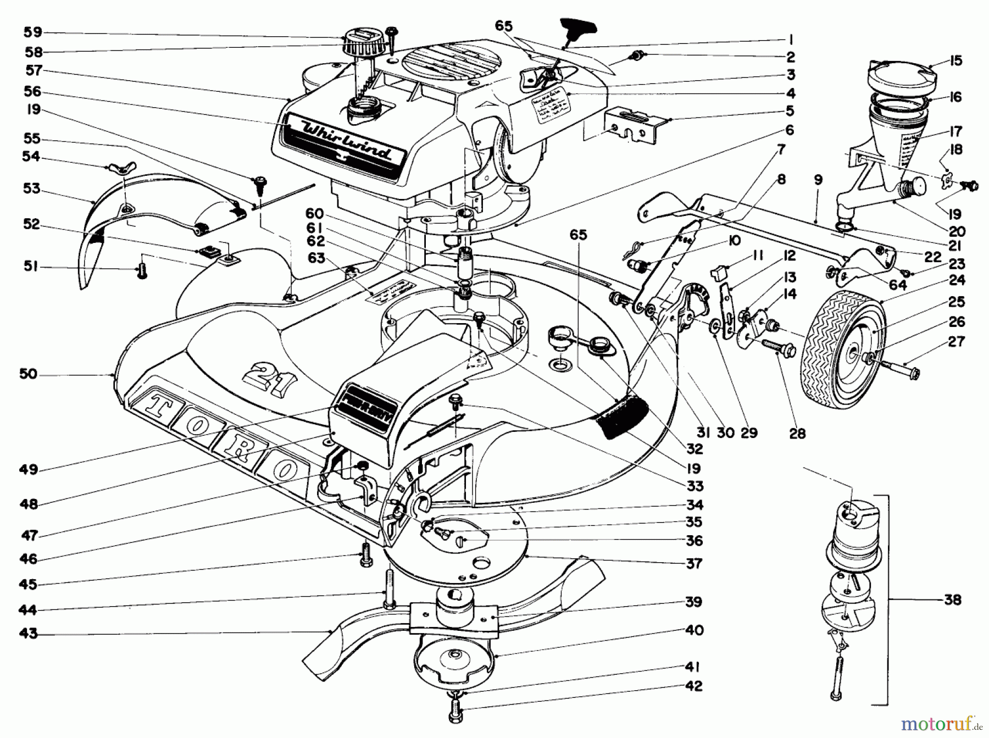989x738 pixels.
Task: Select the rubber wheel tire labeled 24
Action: [843, 341]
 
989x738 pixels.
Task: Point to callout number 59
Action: [33, 32]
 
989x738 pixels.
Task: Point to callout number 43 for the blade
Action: [29, 633]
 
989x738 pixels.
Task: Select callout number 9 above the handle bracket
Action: [819, 179]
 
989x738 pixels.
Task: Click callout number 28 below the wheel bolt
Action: [797, 434]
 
